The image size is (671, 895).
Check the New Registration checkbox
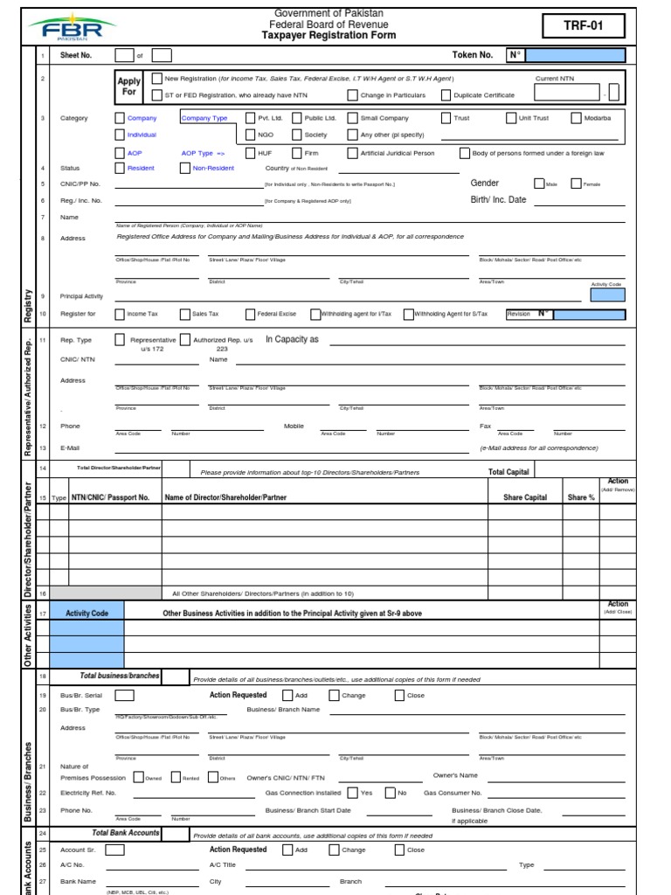point(156,79)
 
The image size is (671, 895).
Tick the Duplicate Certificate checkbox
point(446,95)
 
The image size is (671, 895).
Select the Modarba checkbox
point(577,118)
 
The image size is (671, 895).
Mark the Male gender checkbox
point(539,184)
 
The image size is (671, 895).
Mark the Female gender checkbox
point(576,184)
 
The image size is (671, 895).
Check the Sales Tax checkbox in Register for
point(184,314)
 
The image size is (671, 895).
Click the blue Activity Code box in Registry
point(607,295)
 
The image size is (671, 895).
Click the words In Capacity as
point(292,339)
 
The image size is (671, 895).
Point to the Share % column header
point(580,497)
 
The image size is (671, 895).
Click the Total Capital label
point(508,472)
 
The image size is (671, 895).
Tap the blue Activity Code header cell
point(87,614)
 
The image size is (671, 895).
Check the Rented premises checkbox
point(176,777)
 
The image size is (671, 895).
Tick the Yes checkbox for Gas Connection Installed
point(352,793)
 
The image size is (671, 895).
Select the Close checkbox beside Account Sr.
point(400,850)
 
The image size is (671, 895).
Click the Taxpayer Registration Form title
point(329,36)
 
